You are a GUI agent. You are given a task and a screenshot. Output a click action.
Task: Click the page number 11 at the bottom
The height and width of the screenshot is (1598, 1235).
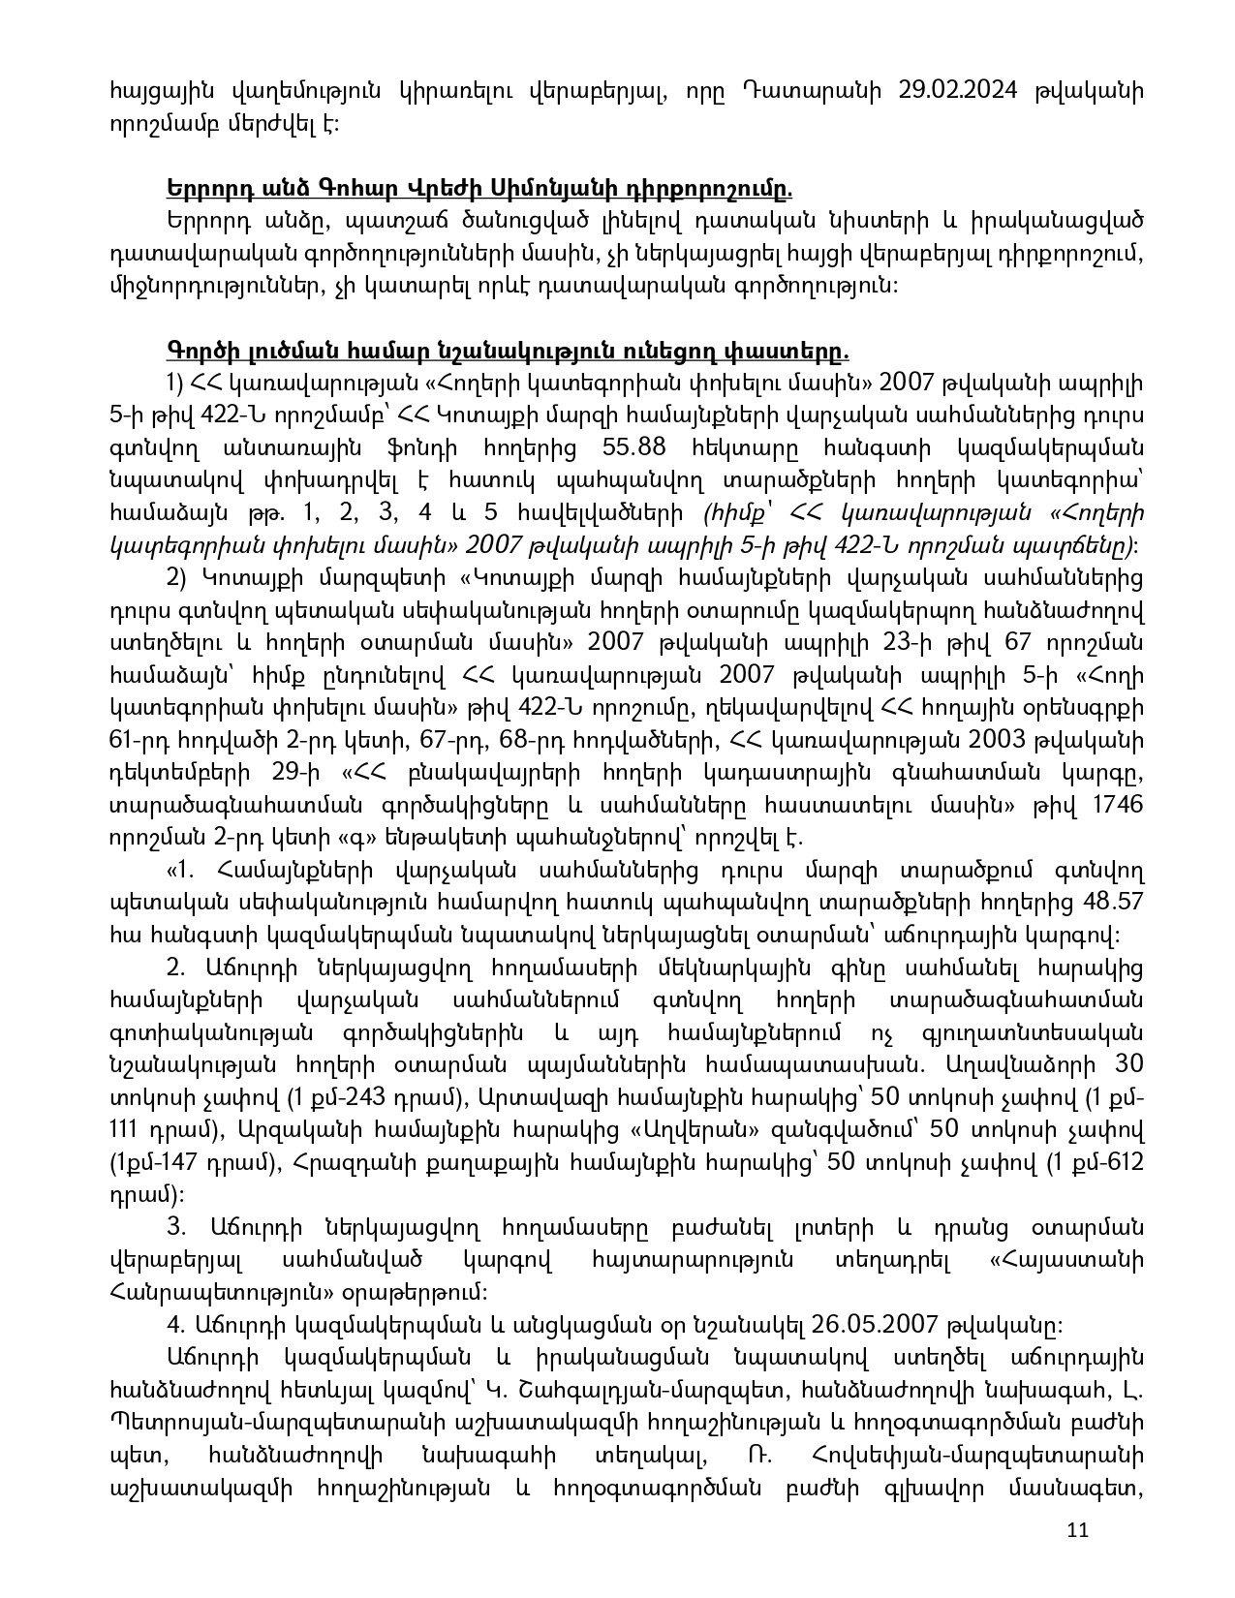point(1077,1531)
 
